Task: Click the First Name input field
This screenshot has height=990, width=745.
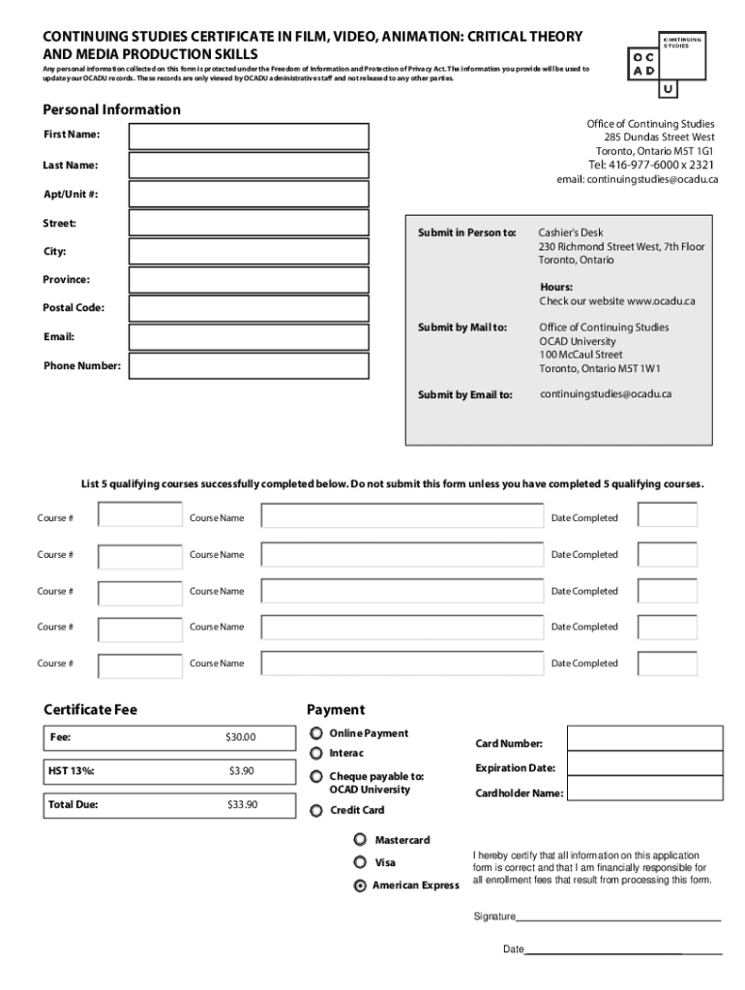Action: [x=249, y=136]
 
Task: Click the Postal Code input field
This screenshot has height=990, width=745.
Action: [x=249, y=308]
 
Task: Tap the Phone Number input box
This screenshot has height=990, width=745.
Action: [x=249, y=366]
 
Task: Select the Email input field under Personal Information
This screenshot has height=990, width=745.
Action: [x=249, y=337]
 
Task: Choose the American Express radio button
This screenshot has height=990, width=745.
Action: [x=360, y=886]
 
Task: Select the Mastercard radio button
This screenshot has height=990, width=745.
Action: [x=360, y=839]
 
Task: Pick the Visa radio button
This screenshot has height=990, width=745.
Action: [x=360, y=862]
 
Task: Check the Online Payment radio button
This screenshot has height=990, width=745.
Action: [x=316, y=734]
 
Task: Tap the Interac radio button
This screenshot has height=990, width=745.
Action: [x=316, y=753]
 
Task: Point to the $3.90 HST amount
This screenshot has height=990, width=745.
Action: [x=241, y=771]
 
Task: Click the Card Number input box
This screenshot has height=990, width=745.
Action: [x=644, y=738]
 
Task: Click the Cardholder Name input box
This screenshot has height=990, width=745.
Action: [x=644, y=788]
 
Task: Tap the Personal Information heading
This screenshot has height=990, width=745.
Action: [x=111, y=109]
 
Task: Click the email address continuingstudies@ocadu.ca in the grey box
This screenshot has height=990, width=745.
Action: [x=606, y=394]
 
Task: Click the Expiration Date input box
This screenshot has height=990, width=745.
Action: [x=644, y=763]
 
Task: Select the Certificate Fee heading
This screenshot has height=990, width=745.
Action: [x=91, y=710]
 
